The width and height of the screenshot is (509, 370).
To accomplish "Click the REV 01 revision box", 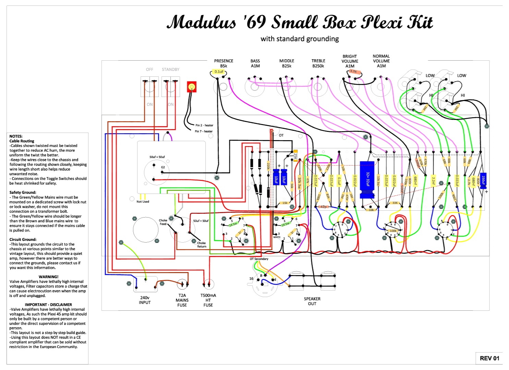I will [x=489, y=358].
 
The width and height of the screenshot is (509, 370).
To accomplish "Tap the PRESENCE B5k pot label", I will [x=223, y=63].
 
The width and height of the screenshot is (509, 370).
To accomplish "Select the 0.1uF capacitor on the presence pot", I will [x=219, y=72].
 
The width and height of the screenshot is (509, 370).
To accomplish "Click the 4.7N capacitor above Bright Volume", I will [x=353, y=72].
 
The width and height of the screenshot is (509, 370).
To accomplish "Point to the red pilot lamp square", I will [x=192, y=87].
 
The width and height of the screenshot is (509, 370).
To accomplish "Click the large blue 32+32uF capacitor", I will [x=367, y=180].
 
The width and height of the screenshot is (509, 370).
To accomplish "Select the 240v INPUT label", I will [x=145, y=300].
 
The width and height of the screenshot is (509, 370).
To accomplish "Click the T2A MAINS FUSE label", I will [x=182, y=300].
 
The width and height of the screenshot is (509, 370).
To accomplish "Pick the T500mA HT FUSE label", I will [x=208, y=300].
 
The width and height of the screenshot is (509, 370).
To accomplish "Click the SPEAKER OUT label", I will [x=312, y=301].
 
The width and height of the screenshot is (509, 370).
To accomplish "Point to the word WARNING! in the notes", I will [x=48, y=277].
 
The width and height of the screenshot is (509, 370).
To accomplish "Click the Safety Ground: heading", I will [x=23, y=193].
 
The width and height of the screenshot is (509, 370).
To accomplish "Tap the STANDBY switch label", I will [x=170, y=70].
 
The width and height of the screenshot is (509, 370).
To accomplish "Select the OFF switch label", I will [x=149, y=70].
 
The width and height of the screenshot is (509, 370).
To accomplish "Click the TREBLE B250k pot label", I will [x=318, y=63].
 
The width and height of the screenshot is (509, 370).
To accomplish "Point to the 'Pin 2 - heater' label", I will [x=204, y=125].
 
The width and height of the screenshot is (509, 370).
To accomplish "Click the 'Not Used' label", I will [x=143, y=202].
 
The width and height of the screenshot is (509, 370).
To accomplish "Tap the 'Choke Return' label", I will [x=202, y=245].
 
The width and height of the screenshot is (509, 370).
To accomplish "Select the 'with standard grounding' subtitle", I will [x=300, y=39].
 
